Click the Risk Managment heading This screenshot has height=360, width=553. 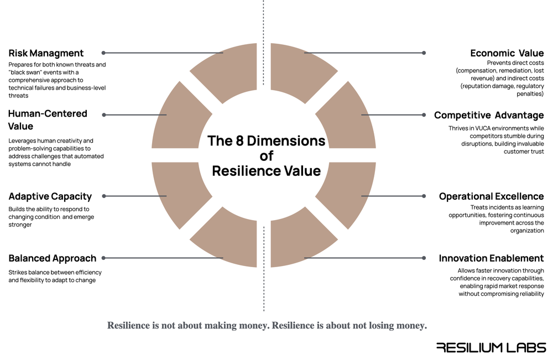[x=46, y=54]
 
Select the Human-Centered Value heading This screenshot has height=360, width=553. [x=48, y=120]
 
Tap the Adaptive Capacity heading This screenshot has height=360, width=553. [x=50, y=196]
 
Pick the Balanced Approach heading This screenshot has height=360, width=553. [x=52, y=258]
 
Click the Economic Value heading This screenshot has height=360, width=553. [x=507, y=54]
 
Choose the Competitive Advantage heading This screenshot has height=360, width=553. [x=489, y=116]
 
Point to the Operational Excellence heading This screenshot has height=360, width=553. [x=491, y=196]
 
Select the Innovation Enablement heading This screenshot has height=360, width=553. [x=491, y=258]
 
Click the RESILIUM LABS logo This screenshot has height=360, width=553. [x=491, y=347]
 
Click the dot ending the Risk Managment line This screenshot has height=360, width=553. [x=103, y=53]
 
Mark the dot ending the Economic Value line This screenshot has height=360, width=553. [x=424, y=53]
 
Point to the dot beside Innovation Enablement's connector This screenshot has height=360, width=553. [x=424, y=258]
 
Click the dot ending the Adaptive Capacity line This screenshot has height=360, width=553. [x=103, y=196]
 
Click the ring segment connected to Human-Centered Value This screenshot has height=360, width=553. [x=180, y=119]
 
